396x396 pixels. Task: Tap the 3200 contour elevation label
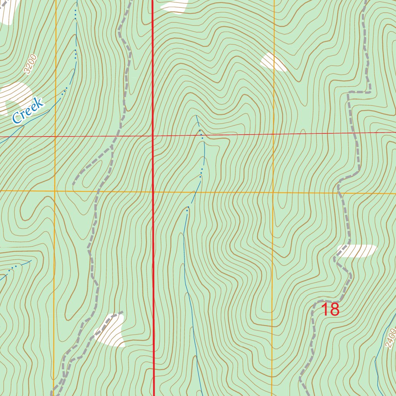point(30,64)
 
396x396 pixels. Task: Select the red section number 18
point(330,310)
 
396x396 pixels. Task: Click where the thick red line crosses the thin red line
point(153,136)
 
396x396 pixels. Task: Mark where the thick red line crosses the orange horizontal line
point(153,191)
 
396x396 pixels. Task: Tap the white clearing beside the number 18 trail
point(357,251)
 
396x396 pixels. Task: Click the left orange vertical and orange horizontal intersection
point(55,191)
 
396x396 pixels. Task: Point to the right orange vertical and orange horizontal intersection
point(273,192)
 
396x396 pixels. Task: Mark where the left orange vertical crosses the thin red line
point(55,137)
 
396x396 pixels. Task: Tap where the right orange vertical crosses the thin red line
point(274,134)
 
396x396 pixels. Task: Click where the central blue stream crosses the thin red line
point(201,135)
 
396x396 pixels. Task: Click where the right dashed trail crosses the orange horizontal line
point(338,193)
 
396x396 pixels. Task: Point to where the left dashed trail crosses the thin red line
point(112,137)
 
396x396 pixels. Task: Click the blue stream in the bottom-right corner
point(377,371)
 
